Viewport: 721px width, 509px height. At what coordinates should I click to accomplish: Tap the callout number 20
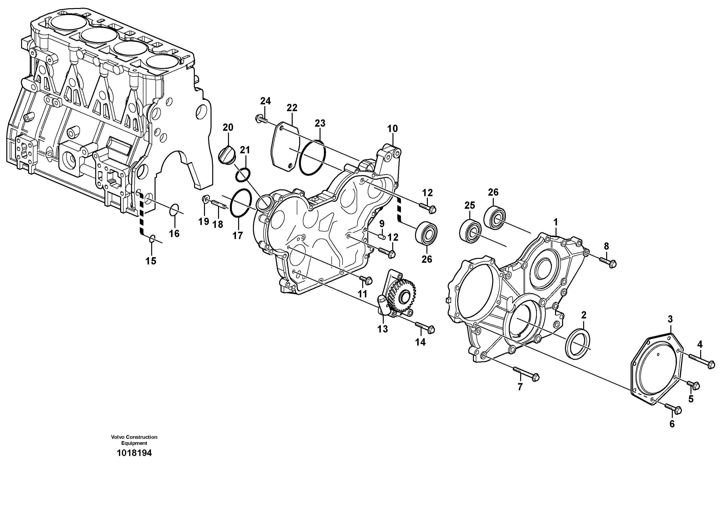(x=228, y=127)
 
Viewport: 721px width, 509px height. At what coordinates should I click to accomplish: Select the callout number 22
(x=292, y=108)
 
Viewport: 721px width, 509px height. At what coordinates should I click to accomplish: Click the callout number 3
(x=670, y=319)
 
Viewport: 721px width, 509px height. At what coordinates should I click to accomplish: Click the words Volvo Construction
(x=134, y=437)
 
